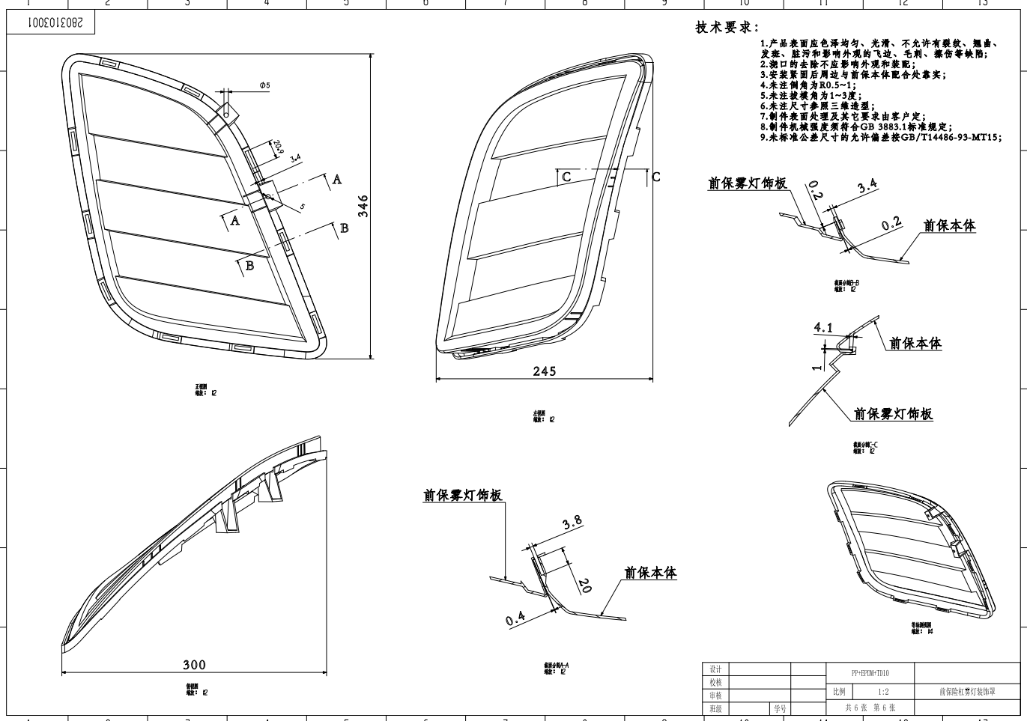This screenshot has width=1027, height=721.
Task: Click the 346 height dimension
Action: pos(363,206)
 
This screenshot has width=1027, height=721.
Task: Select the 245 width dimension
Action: pos(545,371)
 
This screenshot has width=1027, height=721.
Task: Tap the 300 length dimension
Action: pos(194,664)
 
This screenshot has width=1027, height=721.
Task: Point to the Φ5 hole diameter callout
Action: pos(264,85)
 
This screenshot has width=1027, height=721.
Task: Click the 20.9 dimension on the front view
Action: pos(278,146)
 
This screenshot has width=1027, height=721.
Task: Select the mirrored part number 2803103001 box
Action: pos(51,24)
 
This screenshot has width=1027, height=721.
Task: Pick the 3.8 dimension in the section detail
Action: pos(572,523)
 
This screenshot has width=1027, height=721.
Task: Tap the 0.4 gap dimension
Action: pos(515,618)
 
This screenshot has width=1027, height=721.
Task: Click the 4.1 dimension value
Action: pos(823,327)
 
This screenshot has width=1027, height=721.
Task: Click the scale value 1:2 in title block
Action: pos(884,692)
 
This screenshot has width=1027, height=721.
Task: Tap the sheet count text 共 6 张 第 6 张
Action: pos(870,708)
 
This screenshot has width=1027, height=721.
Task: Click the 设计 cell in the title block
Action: pos(715,669)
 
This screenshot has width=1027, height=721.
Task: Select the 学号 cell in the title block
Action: pos(780,708)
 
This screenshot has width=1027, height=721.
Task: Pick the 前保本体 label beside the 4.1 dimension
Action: pos(915,344)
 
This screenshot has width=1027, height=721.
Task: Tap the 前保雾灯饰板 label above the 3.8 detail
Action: pos(462,496)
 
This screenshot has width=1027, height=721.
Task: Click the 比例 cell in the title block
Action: pos(839,692)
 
